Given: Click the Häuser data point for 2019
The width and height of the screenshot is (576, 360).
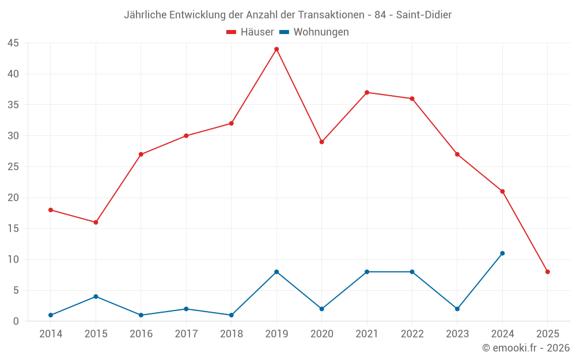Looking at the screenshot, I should coord(276,49).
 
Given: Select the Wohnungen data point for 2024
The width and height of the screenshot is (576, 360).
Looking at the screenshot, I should coord(502,253).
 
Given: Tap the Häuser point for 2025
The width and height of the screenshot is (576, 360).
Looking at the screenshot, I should coord(547,272).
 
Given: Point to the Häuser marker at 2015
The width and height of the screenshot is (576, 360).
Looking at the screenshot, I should coord(96,222).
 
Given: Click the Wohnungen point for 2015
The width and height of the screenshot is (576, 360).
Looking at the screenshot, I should coord(96,297).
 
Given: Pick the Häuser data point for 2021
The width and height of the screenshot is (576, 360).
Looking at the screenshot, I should coord(367,92).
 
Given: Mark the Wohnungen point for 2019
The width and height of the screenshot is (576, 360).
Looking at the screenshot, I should coord(276,272).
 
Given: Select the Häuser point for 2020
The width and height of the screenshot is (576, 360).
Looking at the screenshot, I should coord(321,142).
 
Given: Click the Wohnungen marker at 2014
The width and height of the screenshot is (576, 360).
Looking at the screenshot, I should coord(51,315).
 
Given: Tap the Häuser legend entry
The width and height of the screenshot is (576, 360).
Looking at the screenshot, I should coord(250,32).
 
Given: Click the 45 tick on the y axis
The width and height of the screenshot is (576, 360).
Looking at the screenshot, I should coord(13,43).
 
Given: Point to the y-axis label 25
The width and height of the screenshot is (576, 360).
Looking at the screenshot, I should coord(13,167).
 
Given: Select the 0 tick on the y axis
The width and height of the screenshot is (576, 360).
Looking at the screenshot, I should coord(16,321).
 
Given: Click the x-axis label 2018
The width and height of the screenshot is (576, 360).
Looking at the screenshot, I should coord(231,334).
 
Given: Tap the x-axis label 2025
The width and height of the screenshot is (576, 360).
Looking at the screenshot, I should coord(547,334).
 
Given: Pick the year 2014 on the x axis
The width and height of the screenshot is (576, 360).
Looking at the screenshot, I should coord(51,334).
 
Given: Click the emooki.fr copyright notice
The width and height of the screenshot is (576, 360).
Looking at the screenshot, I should coord(525,348).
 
